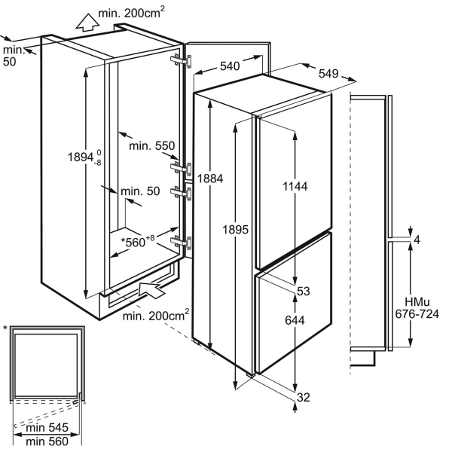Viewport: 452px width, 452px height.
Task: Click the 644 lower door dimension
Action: point(295,319)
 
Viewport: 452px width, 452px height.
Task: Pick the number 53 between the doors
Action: point(304,291)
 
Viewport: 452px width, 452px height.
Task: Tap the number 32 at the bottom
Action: point(304,397)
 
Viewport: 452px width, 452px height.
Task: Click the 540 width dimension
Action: point(231,67)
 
